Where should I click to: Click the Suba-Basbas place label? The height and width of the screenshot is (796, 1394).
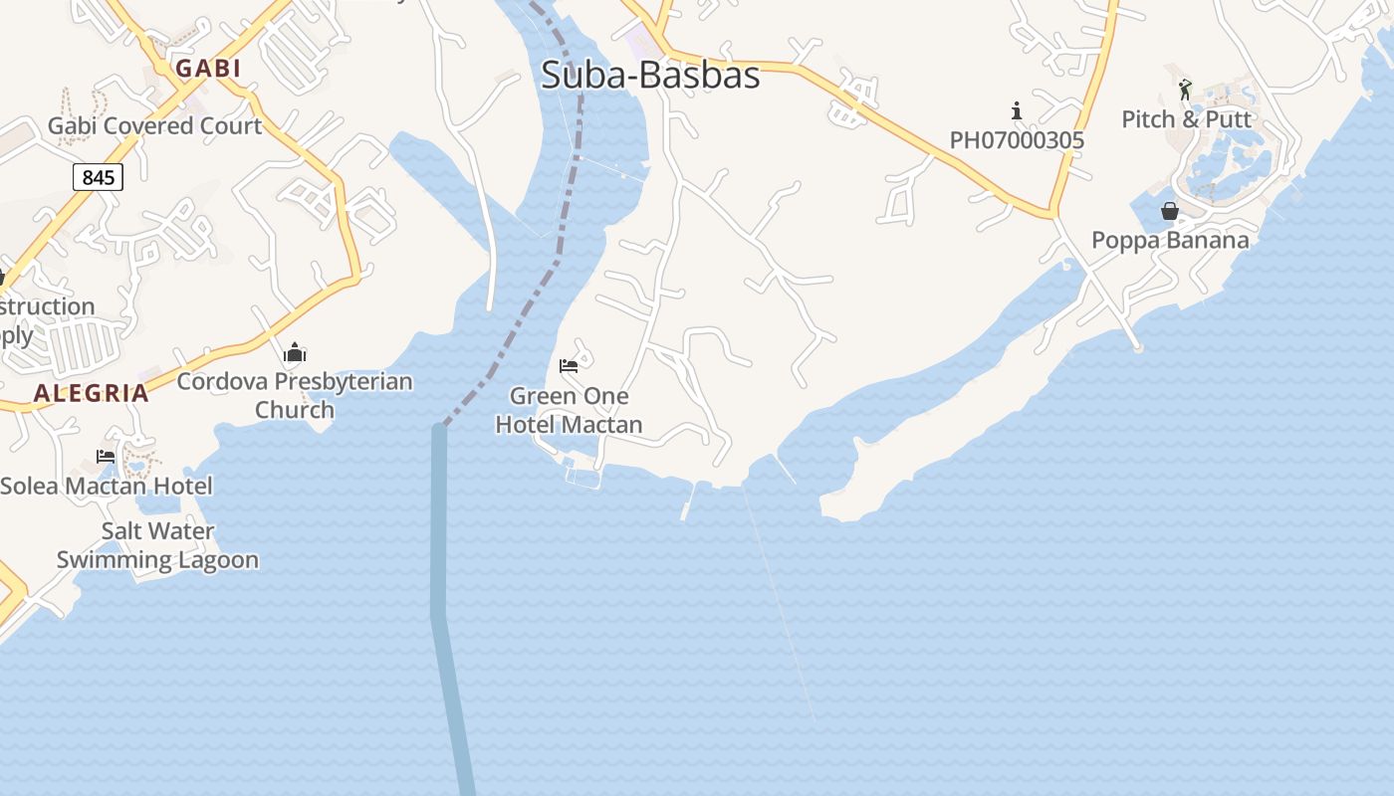(650, 75)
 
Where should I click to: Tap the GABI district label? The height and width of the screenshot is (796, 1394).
(208, 68)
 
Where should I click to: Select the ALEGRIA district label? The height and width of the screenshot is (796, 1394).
(92, 393)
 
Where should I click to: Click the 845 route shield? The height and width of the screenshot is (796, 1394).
(98, 177)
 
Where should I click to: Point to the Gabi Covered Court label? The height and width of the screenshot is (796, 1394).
(154, 126)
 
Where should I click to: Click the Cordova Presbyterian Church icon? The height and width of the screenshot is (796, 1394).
(295, 352)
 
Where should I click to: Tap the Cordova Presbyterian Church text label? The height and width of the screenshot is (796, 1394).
(295, 395)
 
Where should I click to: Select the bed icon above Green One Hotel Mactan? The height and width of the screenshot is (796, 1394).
(569, 366)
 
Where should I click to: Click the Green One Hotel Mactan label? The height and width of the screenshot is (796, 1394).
(569, 410)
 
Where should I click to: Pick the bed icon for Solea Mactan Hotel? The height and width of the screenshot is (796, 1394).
(106, 457)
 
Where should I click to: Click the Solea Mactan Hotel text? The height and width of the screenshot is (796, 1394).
(107, 486)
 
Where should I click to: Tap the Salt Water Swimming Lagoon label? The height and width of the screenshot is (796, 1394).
(157, 545)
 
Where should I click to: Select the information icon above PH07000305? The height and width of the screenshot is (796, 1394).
(1017, 109)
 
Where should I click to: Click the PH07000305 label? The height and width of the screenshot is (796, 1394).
(1017, 140)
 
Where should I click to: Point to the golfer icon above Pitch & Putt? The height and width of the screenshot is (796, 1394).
(1185, 90)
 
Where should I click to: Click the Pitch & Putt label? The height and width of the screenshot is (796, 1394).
(1186, 119)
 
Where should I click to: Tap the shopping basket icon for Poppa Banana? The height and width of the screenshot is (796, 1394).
(1170, 211)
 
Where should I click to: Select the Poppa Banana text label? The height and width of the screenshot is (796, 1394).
(1170, 240)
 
